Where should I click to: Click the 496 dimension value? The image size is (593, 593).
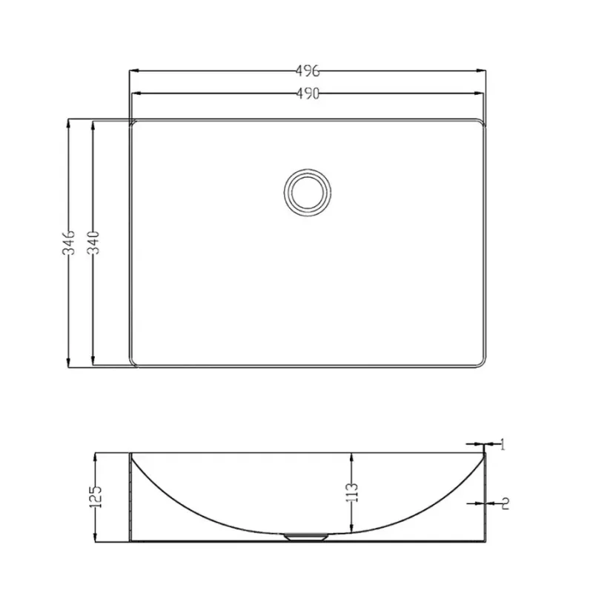point(308,70)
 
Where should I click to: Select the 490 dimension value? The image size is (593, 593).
point(308,93)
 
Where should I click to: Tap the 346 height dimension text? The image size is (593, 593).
point(69,242)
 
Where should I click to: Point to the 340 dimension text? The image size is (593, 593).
point(93,242)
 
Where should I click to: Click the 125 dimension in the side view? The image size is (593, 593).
point(96,497)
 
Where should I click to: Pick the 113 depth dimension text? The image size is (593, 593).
point(351,492)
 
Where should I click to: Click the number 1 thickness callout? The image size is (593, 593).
point(503,444)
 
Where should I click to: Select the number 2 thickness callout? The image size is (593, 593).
point(506,503)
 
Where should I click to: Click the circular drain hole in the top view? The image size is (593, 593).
point(308,192)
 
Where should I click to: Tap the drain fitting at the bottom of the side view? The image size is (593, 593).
point(306,536)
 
